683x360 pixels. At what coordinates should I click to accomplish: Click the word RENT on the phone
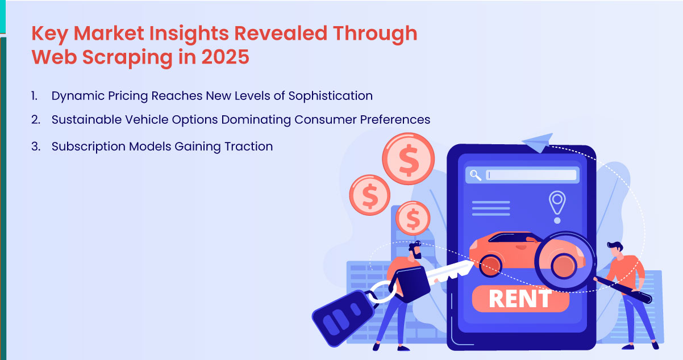click(520, 299)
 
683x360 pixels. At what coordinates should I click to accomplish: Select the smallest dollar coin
click(413, 217)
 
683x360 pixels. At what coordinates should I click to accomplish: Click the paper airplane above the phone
click(538, 141)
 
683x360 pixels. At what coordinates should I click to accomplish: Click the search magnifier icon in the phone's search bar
click(475, 175)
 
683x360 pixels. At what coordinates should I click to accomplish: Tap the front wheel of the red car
click(490, 264)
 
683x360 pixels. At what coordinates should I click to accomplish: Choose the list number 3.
click(35, 146)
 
